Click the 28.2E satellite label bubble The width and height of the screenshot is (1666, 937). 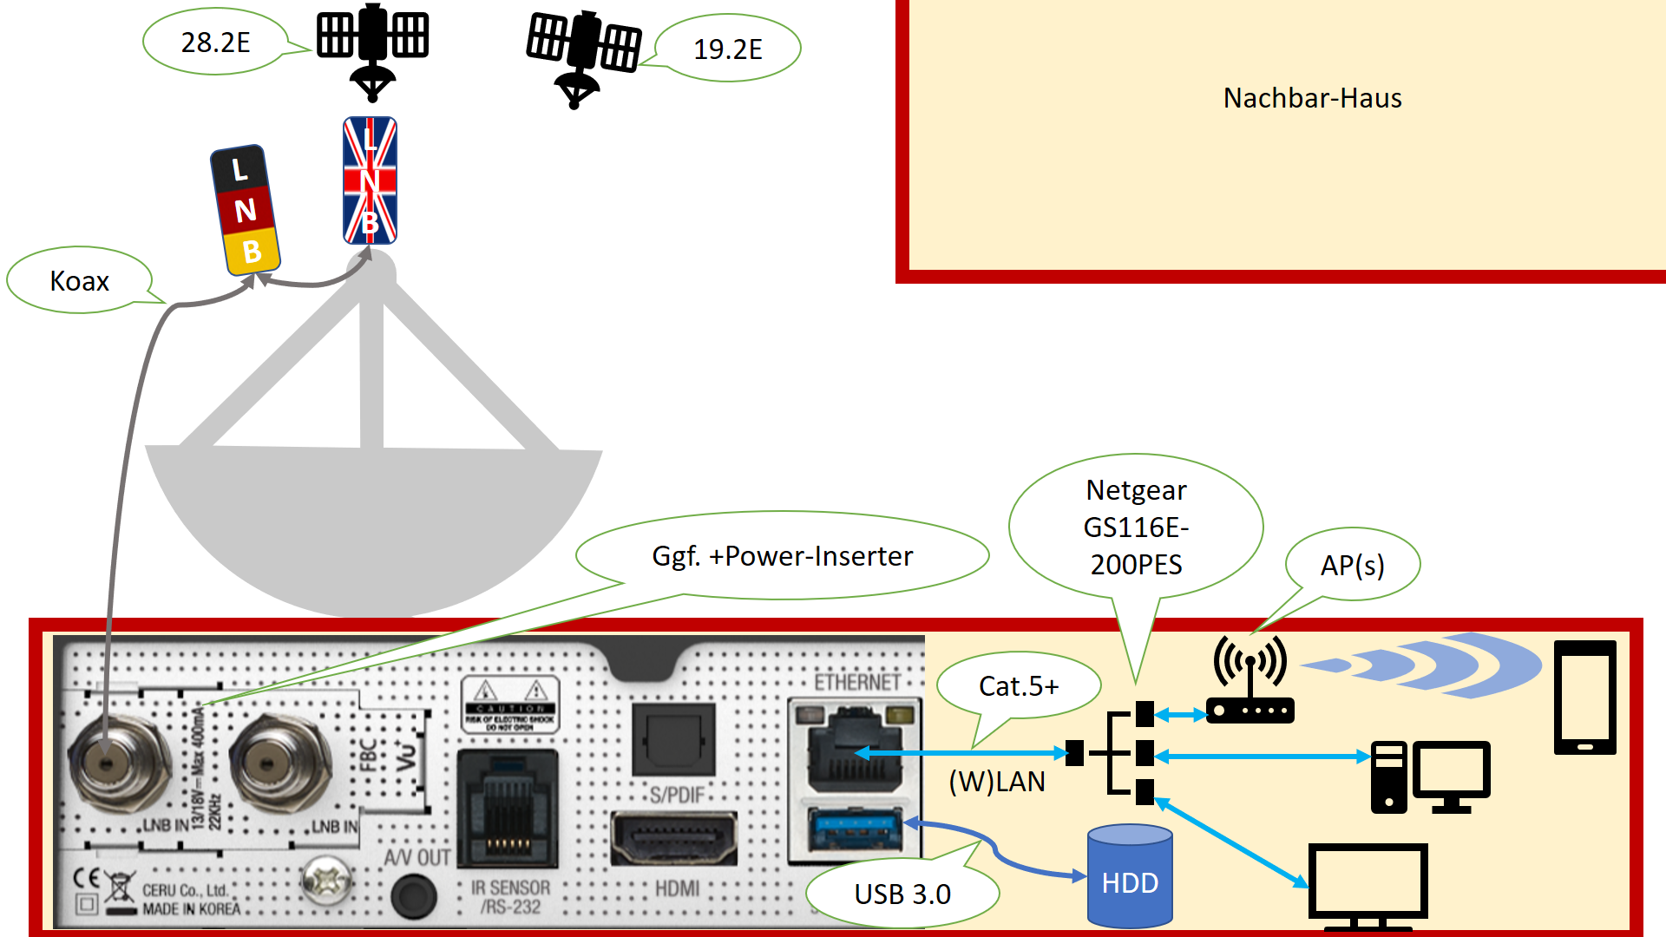pyautogui.click(x=215, y=42)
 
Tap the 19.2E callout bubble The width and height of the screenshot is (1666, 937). pyautogui.click(x=727, y=49)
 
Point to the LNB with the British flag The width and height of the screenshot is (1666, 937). pyautogui.click(x=370, y=180)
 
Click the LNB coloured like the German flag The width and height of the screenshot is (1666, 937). pyautogui.click(x=245, y=210)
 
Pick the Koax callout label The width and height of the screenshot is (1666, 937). pyautogui.click(x=79, y=280)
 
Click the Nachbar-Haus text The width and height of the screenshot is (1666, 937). pyautogui.click(x=1312, y=98)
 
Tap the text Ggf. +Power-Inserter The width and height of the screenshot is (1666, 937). pyautogui.click(x=782, y=555)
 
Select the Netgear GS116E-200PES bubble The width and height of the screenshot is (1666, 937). pyautogui.click(x=1136, y=527)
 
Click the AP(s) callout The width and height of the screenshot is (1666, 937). pyautogui.click(x=1352, y=565)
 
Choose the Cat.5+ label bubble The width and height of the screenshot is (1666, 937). pyautogui.click(x=1019, y=686)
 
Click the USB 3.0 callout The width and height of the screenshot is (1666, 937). pyautogui.click(x=902, y=894)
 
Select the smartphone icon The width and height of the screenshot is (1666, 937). pyautogui.click(x=1584, y=697)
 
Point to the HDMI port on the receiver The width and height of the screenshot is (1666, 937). pyautogui.click(x=674, y=838)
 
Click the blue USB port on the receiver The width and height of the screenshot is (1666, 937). pyautogui.click(x=855, y=829)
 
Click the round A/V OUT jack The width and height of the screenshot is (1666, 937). pyautogui.click(x=413, y=895)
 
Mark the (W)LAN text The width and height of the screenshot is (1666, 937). pyautogui.click(x=997, y=782)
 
